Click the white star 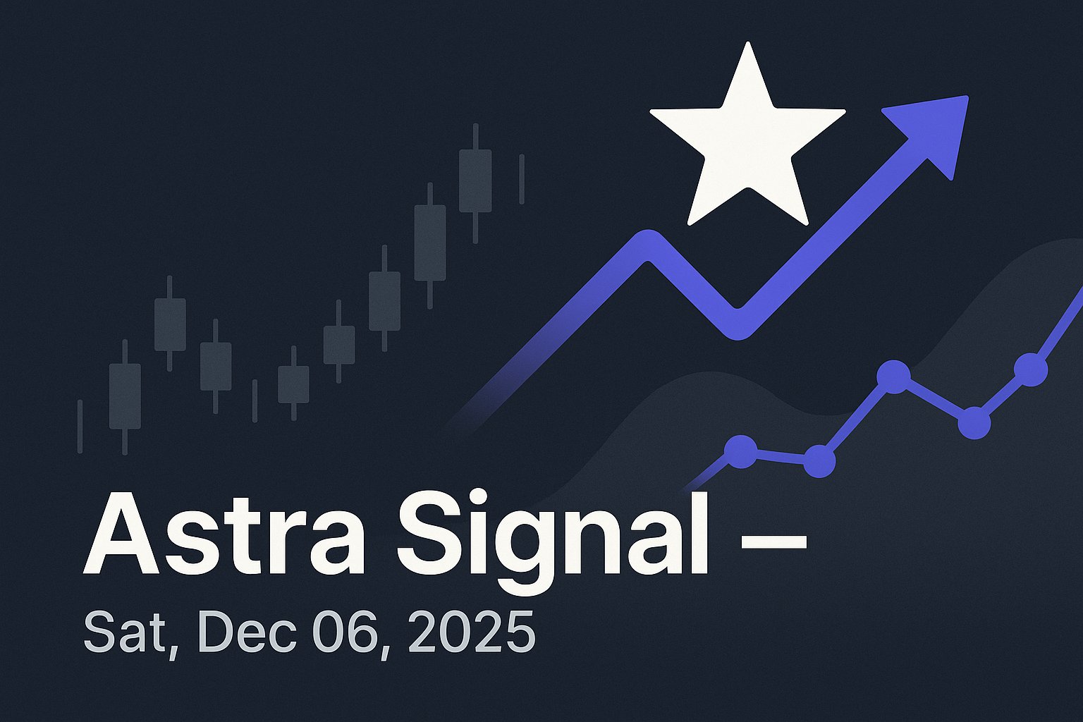coord(746,145)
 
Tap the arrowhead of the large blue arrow coord(934,130)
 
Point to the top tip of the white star coord(747,45)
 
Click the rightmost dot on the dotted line coord(1030,369)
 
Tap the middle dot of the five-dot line coord(894,377)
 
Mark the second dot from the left coord(819,461)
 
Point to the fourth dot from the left coord(974,422)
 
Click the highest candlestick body coord(475,180)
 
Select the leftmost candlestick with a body coord(125,396)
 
